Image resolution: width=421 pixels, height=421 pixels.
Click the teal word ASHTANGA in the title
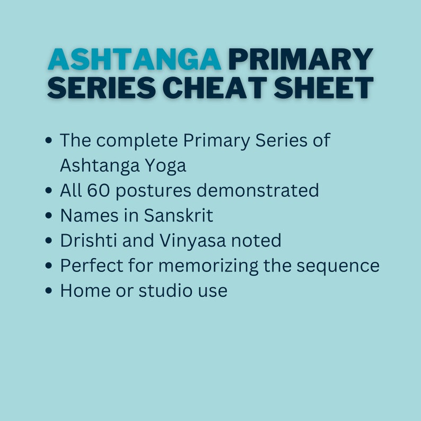[134, 60]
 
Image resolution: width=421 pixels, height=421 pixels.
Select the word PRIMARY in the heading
[301, 60]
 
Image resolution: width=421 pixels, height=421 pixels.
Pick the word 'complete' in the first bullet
[139, 141]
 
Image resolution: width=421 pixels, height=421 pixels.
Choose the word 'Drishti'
[88, 240]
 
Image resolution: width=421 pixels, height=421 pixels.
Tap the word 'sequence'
[343, 265]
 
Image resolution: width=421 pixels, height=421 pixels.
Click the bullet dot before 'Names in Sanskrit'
[49, 216]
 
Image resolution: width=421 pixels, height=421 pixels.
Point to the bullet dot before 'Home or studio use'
[49, 291]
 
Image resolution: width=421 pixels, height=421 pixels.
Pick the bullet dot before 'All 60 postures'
[49, 190]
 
